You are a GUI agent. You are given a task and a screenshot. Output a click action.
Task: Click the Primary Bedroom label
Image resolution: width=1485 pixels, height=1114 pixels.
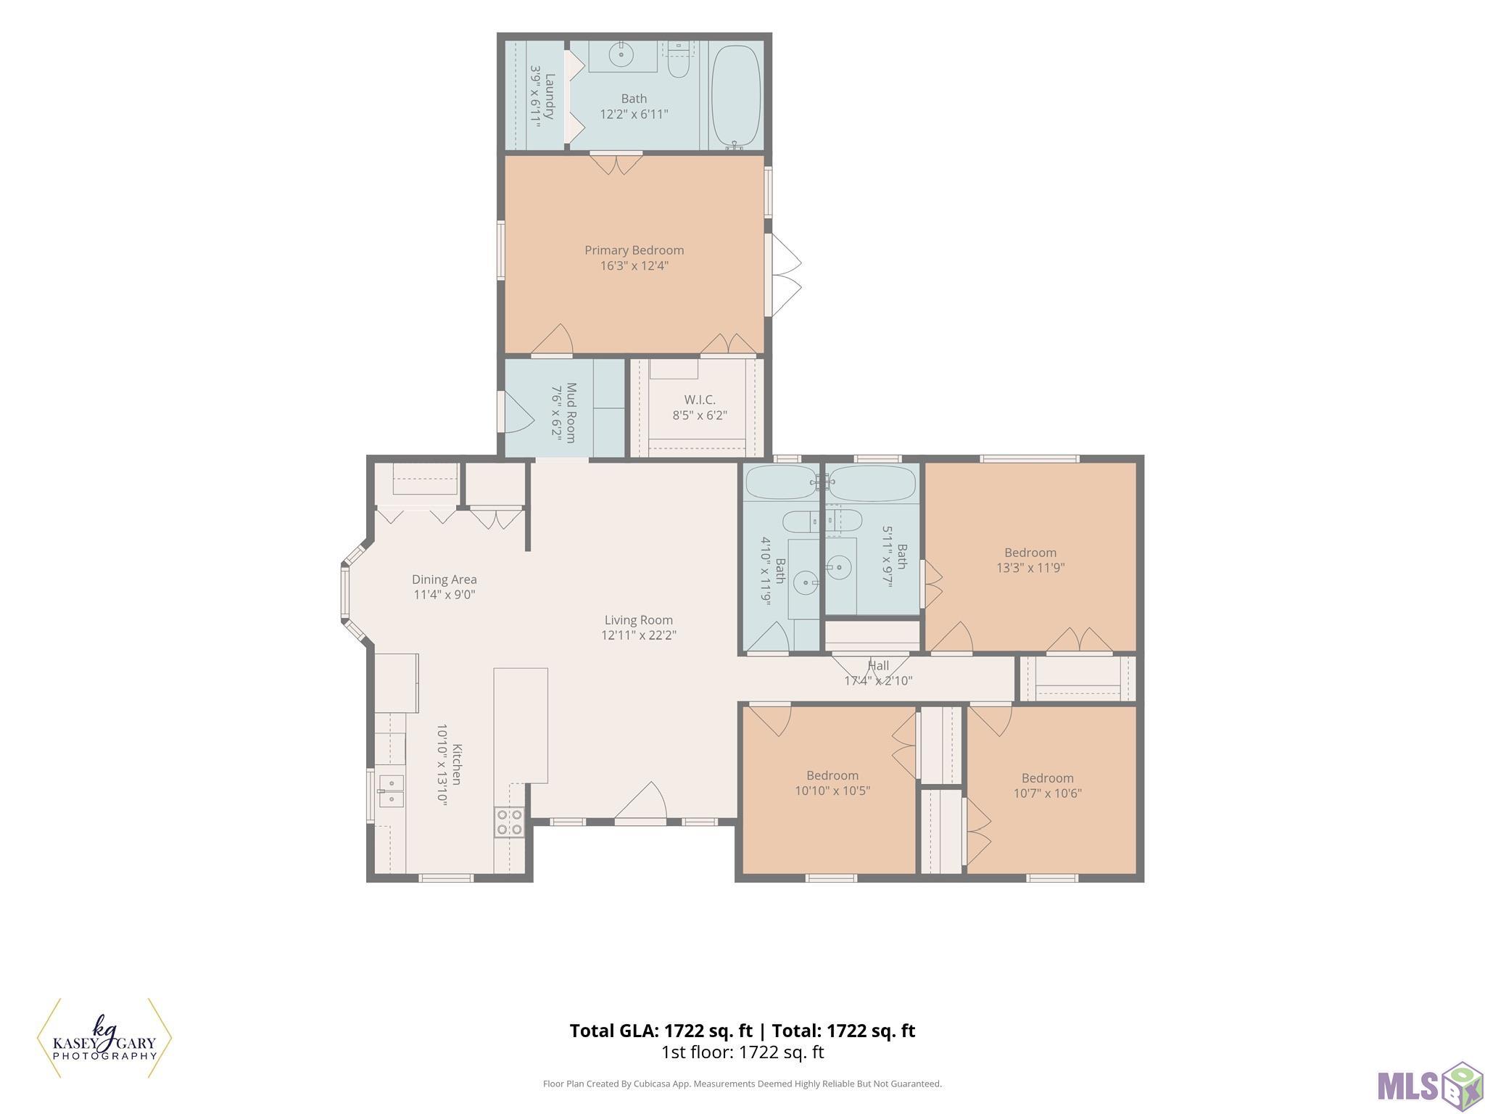pyautogui.click(x=634, y=250)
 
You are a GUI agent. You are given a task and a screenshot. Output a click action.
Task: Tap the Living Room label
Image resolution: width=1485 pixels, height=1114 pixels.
pyautogui.click(x=639, y=620)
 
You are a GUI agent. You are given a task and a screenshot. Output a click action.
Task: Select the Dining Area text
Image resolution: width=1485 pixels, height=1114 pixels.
pyautogui.click(x=444, y=579)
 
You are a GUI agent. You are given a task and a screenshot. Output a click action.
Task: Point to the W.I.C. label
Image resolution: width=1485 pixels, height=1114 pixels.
pyautogui.click(x=700, y=400)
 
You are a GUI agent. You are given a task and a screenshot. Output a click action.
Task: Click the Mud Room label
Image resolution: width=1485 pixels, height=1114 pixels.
pyautogui.click(x=571, y=413)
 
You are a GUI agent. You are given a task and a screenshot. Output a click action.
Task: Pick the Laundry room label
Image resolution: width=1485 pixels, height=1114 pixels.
pyautogui.click(x=550, y=96)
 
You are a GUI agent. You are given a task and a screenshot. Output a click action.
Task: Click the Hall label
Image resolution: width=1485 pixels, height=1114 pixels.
pyautogui.click(x=879, y=665)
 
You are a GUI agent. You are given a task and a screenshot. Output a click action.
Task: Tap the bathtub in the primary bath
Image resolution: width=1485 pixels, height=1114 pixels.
pyautogui.click(x=736, y=96)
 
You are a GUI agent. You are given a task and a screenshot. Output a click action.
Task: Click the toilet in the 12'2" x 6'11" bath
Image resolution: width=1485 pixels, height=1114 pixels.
pyautogui.click(x=679, y=60)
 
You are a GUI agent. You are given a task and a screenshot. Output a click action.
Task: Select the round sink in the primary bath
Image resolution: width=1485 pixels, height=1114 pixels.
pyautogui.click(x=621, y=54)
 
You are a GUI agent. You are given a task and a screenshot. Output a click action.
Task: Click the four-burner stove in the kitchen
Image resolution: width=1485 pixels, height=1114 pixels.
pyautogui.click(x=509, y=822)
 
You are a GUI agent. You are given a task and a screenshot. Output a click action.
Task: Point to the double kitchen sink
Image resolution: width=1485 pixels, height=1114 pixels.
pyautogui.click(x=391, y=791)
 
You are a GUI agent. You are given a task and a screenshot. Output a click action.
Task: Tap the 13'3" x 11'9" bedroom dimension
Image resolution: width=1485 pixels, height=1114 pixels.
pyautogui.click(x=1030, y=568)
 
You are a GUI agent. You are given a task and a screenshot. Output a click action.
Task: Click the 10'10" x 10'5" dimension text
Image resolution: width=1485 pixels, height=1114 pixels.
pyautogui.click(x=832, y=791)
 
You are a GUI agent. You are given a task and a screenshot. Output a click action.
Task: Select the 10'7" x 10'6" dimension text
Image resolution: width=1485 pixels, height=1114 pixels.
pyautogui.click(x=1048, y=793)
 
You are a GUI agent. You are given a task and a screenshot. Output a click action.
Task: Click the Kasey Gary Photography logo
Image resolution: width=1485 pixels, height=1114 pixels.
pyautogui.click(x=104, y=1039)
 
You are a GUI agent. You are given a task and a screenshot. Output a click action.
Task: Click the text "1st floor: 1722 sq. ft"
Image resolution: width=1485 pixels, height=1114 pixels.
pyautogui.click(x=742, y=1052)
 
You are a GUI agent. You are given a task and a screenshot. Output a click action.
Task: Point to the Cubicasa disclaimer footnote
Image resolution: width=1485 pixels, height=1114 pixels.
pyautogui.click(x=742, y=1084)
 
